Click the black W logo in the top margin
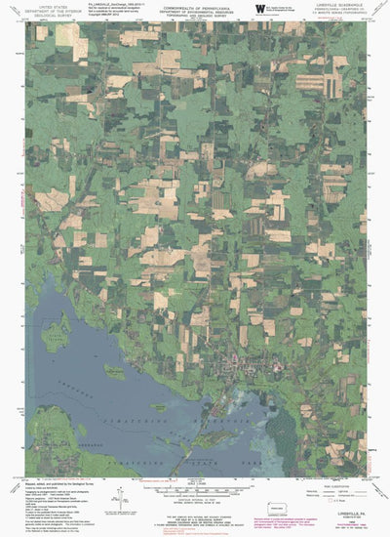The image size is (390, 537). point(259,8)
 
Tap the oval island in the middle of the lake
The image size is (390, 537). point(114,371)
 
